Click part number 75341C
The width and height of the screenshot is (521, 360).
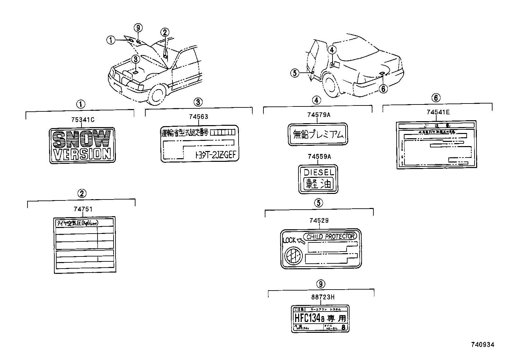click(x=82, y=120)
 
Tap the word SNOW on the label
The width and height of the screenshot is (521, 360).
click(x=82, y=139)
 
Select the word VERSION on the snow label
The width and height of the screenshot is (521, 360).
click(x=82, y=154)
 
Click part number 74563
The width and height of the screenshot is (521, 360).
click(x=198, y=117)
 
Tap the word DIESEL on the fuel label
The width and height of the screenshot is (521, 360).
click(x=318, y=172)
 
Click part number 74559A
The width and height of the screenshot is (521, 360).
click(x=319, y=157)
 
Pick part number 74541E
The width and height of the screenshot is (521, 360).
click(x=438, y=112)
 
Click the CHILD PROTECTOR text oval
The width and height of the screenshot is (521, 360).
click(x=330, y=237)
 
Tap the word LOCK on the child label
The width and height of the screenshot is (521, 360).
click(x=290, y=240)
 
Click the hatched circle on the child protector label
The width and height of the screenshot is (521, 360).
click(x=292, y=256)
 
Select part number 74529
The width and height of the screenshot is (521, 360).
click(x=318, y=221)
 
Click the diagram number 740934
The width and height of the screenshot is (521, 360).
click(x=482, y=344)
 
